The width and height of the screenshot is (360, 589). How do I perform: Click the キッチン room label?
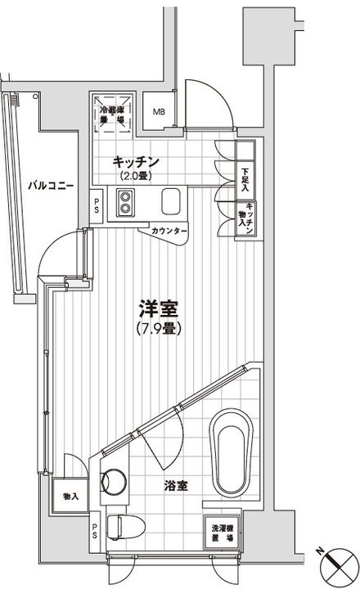[135, 162]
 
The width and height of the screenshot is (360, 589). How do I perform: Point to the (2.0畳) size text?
[135, 176]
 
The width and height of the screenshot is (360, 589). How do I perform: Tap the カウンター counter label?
[169, 232]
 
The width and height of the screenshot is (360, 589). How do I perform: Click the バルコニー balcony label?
[51, 186]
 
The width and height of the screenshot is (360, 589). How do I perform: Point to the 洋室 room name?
[159, 310]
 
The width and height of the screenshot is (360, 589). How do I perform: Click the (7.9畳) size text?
[159, 328]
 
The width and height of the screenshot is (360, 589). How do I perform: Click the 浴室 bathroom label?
[173, 485]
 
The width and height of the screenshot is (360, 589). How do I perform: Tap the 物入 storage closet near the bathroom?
[71, 496]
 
